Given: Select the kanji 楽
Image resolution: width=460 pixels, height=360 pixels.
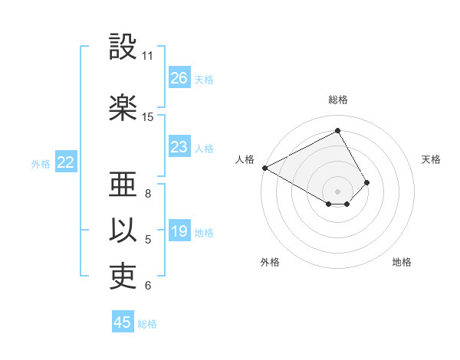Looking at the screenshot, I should pyautogui.click(x=123, y=107).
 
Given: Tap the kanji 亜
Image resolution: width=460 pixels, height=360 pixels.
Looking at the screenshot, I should pyautogui.click(x=123, y=185).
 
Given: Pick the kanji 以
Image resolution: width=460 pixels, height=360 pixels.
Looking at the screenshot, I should pyautogui.click(x=123, y=231).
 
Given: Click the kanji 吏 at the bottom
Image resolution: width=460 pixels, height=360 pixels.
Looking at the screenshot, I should pyautogui.click(x=123, y=277).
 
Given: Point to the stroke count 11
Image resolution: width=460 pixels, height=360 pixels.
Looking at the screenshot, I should pyautogui.click(x=148, y=56).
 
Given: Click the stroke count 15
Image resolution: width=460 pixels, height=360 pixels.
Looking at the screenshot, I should pyautogui.click(x=148, y=117).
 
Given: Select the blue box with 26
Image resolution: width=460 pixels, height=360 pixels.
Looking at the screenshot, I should pyautogui.click(x=179, y=78).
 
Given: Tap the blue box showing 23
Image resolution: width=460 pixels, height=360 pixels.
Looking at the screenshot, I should pyautogui.click(x=179, y=147).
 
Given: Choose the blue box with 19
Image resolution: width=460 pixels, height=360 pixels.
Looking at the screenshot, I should pyautogui.click(x=179, y=232).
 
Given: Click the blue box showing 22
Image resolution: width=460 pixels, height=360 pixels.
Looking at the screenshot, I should pyautogui.click(x=65, y=162).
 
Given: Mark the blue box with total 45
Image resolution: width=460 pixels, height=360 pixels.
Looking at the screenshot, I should pyautogui.click(x=123, y=322).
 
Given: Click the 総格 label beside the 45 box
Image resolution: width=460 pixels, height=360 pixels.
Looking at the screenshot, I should pyautogui.click(x=148, y=324).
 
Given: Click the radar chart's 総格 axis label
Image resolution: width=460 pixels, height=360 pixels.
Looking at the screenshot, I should pyautogui.click(x=337, y=100).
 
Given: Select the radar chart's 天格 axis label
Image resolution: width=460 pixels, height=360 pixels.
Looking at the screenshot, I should pyautogui.click(x=431, y=159).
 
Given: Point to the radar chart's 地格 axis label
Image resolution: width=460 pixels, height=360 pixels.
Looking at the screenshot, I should pyautogui.click(x=402, y=262).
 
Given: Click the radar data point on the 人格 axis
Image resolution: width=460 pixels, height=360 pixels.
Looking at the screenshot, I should pyautogui.click(x=264, y=167).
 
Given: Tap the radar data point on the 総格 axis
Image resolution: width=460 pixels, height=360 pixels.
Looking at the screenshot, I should pyautogui.click(x=337, y=130).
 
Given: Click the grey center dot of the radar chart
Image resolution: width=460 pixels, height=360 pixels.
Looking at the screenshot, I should pyautogui.click(x=337, y=190).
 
